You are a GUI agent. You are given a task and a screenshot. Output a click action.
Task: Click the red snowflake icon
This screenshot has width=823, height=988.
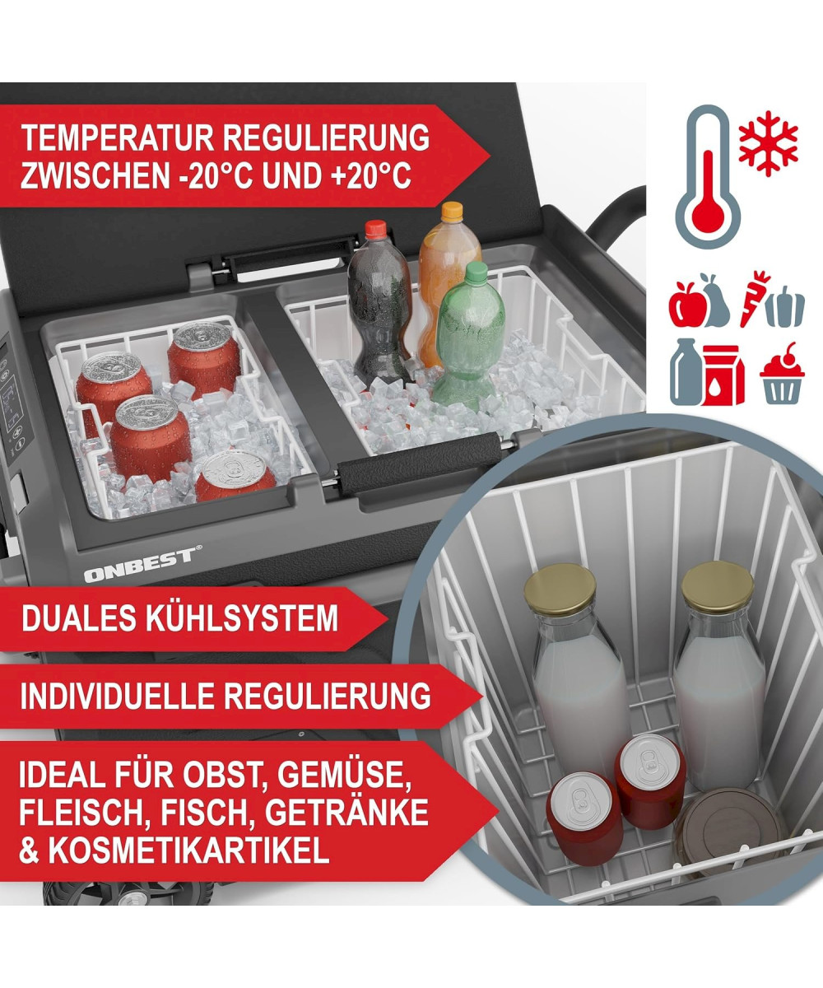[x=768, y=144]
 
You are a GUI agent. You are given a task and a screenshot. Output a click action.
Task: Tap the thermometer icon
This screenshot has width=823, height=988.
[x=708, y=177]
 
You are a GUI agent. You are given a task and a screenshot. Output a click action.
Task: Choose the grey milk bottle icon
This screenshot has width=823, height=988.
[x=686, y=372]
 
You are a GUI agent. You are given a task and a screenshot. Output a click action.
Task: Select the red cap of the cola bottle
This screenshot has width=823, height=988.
[x=376, y=230]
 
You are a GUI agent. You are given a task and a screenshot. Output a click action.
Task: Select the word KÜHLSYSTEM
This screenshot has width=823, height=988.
[x=242, y=617]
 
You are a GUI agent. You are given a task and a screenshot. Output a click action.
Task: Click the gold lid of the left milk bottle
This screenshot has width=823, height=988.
[x=560, y=589]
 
